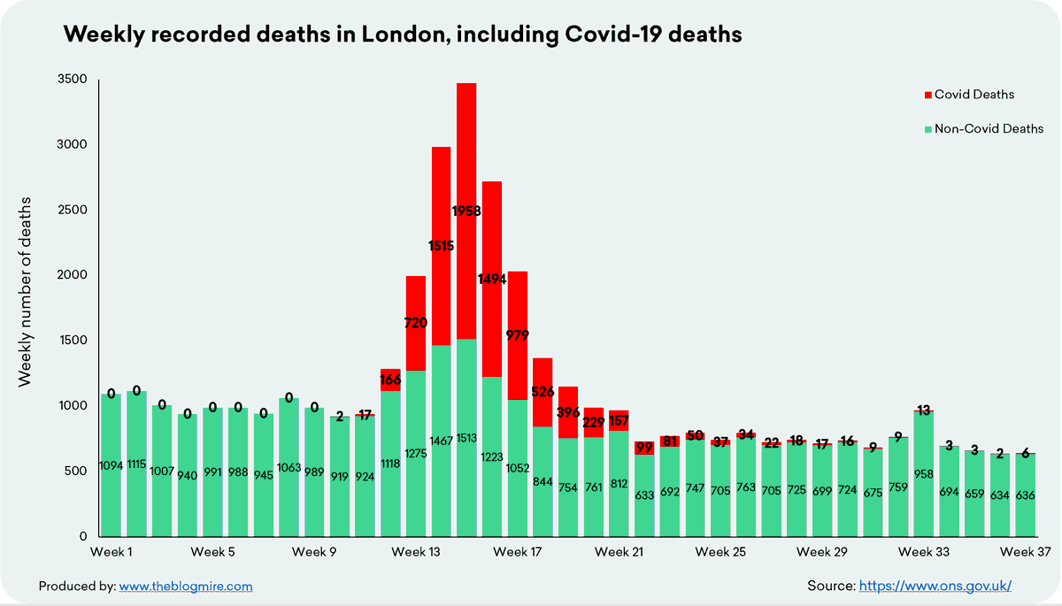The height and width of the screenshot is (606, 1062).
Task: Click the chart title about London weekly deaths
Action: [402, 35]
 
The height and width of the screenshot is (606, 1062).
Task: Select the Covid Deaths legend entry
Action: [968, 94]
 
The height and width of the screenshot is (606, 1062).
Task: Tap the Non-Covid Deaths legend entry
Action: [983, 128]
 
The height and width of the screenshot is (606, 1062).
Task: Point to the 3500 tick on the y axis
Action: [73, 80]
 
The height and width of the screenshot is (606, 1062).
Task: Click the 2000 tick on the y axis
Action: [73, 275]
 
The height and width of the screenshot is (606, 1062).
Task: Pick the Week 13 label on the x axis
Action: [416, 553]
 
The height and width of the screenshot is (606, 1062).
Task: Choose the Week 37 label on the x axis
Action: [1025, 553]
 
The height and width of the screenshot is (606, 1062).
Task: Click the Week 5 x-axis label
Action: [212, 553]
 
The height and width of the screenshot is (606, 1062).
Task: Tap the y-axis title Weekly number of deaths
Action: [26, 292]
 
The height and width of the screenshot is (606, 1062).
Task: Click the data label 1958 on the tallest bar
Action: [466, 211]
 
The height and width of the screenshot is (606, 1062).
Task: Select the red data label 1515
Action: [440, 246]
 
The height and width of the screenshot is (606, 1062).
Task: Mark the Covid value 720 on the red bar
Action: [415, 324]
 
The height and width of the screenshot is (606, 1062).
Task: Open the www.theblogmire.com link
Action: [185, 586]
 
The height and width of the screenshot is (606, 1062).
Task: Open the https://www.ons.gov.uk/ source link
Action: [935, 586]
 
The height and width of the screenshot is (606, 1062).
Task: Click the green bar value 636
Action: [1025, 495]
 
